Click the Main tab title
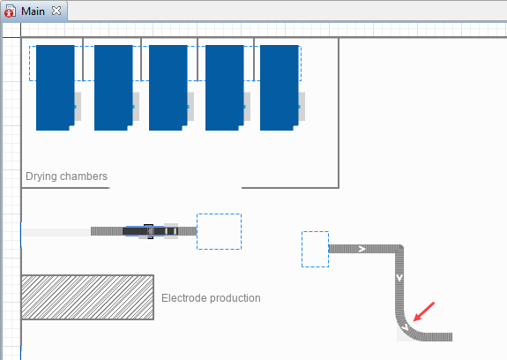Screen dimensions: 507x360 [33, 11]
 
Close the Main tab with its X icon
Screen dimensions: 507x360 [56, 11]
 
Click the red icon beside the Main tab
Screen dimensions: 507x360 [10, 11]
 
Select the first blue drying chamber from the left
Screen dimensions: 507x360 [56, 87]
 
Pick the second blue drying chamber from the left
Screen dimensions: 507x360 [114, 87]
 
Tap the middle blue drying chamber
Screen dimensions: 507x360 [168, 87]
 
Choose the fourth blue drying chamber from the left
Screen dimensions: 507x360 [224, 87]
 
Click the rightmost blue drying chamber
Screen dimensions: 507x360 [279, 87]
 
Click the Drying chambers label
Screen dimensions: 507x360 [66, 176]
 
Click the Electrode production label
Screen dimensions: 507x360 [211, 298]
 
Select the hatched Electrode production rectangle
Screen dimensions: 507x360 [87, 297]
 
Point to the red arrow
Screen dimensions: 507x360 [424, 311]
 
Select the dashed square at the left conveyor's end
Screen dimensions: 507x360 [219, 231]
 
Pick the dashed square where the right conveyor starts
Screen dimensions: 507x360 [316, 250]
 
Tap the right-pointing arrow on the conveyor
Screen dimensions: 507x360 [362, 249]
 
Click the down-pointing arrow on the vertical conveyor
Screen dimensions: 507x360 [399, 278]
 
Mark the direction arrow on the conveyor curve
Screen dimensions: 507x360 [405, 328]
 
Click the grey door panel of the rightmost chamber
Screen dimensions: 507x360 [302, 107]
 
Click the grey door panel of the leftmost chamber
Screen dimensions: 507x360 [78, 107]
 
